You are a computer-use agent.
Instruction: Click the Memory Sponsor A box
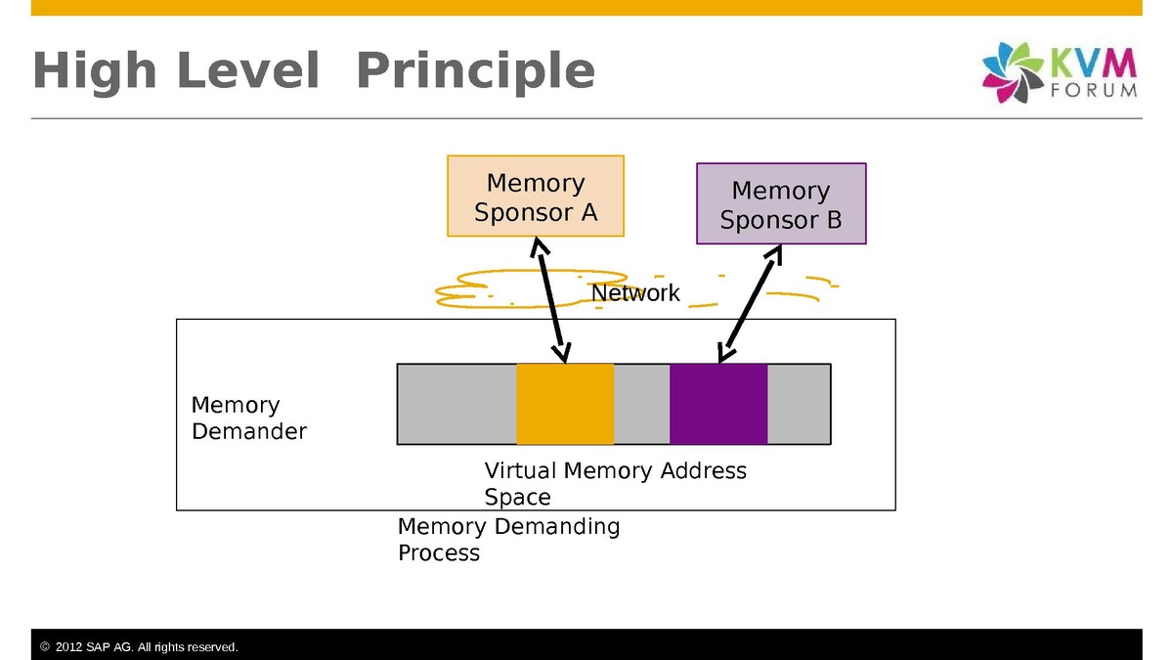pos(535,197)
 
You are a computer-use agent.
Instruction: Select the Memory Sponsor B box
pos(781,204)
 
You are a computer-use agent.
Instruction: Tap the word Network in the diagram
pos(635,293)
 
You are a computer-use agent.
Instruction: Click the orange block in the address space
pos(565,404)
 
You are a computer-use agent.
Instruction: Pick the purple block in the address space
pos(718,404)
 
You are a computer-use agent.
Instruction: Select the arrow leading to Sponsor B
pos(750,304)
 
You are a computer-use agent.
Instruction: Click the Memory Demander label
pos(248,418)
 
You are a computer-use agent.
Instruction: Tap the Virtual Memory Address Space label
pos(615,483)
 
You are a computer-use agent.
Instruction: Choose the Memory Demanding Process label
pos(508,539)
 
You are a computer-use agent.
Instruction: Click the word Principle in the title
pos(475,71)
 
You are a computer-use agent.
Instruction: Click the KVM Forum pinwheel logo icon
pos(1013,72)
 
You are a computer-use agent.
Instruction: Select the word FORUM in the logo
pos(1094,90)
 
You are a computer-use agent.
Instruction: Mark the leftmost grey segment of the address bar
pos(456,404)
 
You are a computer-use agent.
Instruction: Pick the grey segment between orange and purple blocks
pos(641,404)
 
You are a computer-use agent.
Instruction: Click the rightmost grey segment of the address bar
pos(799,404)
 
